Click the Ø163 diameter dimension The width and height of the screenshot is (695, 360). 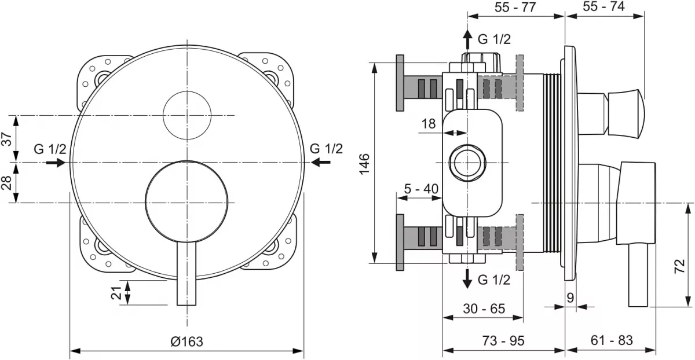tap(187, 341)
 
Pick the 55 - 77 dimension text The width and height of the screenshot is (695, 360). tap(516, 8)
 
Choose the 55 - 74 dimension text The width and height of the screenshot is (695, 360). tap(604, 8)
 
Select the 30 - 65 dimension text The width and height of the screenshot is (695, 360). tap(484, 308)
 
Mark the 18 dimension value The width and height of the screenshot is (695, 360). tap(429, 123)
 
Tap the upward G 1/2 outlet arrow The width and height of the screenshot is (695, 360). tap(467, 39)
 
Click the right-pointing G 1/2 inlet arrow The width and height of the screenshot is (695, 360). tap(56, 163)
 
